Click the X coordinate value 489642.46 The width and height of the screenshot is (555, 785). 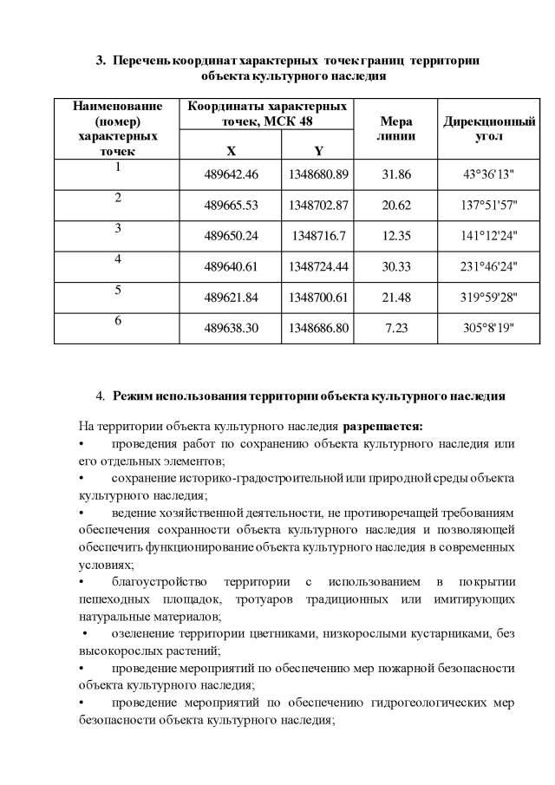click(232, 173)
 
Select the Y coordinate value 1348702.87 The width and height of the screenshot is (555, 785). click(318, 205)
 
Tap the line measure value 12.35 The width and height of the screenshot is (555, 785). click(395, 235)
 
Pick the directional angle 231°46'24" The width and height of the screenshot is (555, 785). click(488, 266)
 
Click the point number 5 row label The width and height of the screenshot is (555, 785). click(117, 290)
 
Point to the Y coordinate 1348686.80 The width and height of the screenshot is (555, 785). click(318, 328)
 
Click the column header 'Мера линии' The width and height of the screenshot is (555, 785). click(396, 129)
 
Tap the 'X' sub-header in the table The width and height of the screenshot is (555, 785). click(231, 150)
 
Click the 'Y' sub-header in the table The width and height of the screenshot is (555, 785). click(318, 150)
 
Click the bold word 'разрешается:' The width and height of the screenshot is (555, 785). click(383, 427)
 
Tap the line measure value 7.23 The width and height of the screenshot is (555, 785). click(395, 328)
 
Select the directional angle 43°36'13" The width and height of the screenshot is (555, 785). click(488, 173)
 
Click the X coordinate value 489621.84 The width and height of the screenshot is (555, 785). click(232, 298)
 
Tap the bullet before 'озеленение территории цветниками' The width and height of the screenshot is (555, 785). click(85, 633)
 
